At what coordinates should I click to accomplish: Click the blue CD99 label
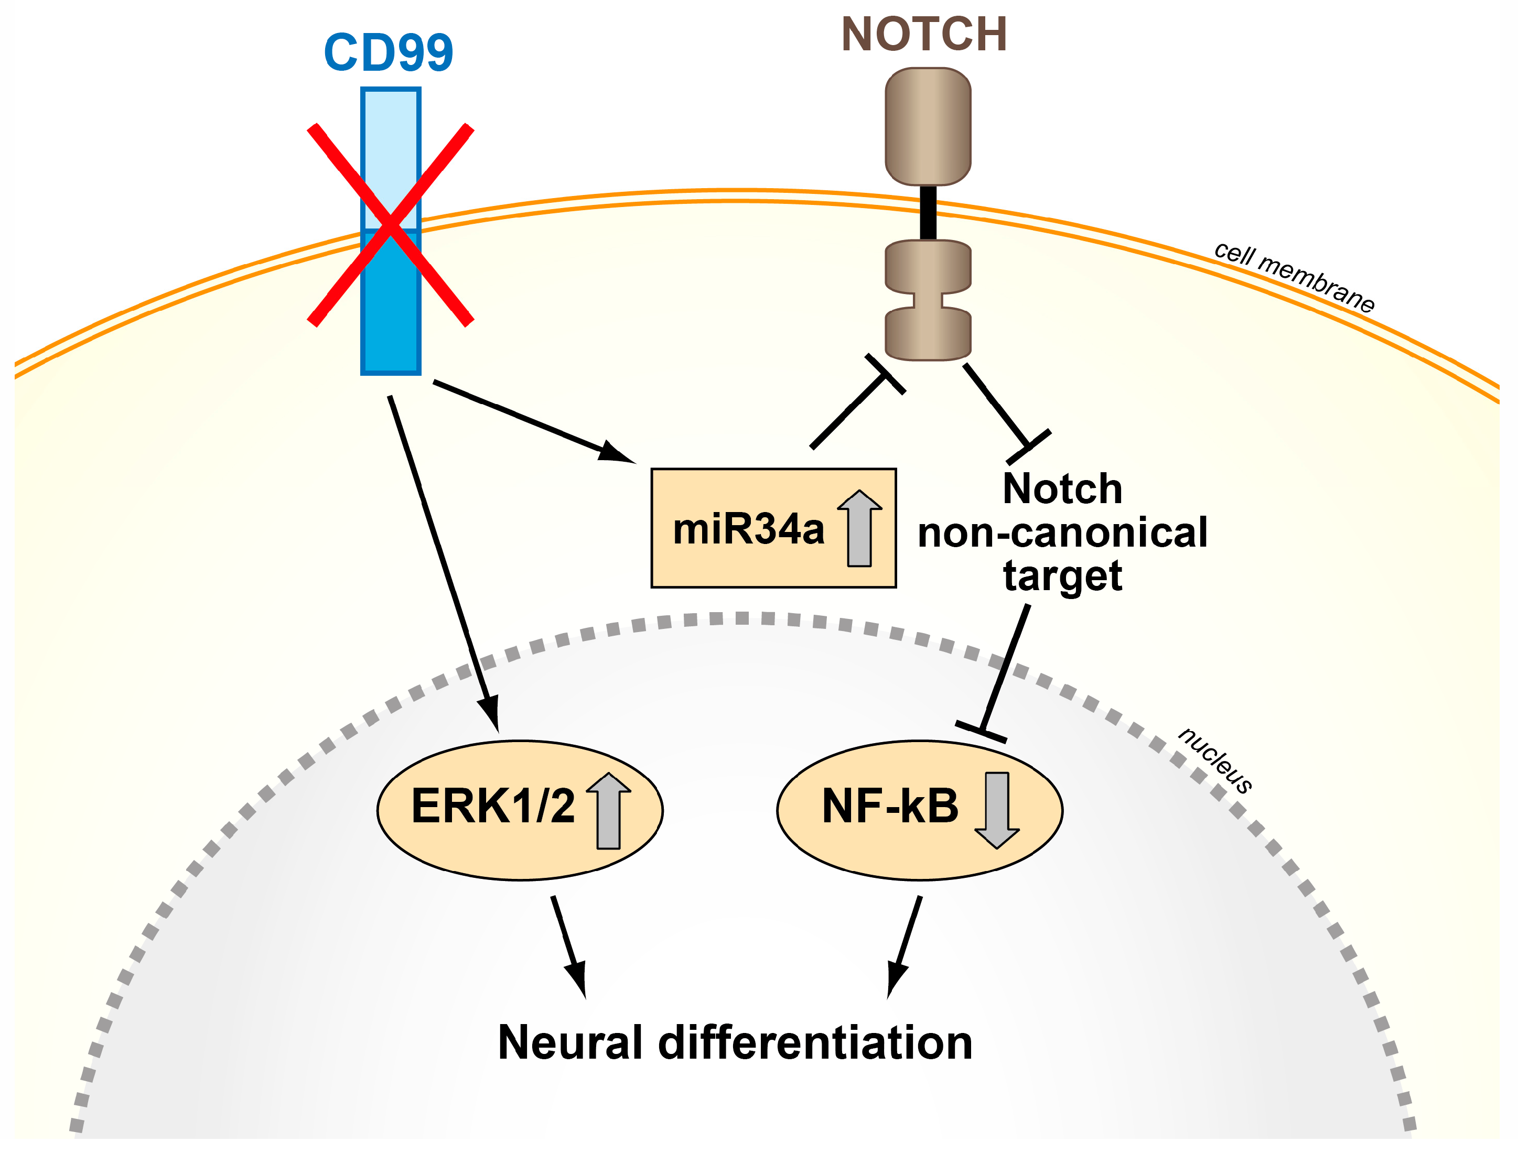(388, 53)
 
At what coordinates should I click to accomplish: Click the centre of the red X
(390, 225)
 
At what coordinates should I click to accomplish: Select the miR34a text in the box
(748, 530)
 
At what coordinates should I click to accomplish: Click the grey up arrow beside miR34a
(859, 528)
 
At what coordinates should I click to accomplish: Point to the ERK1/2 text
(492, 807)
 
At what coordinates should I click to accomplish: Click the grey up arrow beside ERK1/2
(608, 811)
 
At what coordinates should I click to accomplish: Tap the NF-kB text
(890, 807)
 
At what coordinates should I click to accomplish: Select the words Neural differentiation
(735, 1043)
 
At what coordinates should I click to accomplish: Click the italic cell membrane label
(1294, 277)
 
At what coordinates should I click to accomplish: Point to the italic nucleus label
(1215, 760)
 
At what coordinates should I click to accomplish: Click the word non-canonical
(1062, 534)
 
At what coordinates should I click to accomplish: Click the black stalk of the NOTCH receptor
(928, 213)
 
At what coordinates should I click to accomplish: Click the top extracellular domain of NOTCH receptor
(928, 126)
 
